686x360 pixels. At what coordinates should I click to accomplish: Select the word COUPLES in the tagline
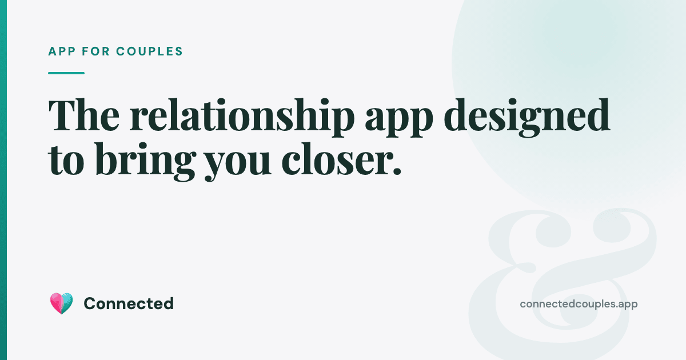click(149, 51)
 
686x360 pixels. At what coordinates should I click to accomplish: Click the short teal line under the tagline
click(66, 73)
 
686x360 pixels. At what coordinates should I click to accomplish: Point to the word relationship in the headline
click(242, 118)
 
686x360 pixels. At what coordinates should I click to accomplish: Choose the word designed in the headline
click(527, 118)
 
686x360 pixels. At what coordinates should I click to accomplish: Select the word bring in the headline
click(145, 162)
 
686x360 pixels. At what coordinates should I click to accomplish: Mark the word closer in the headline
click(333, 159)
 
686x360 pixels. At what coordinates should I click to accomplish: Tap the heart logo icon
click(61, 303)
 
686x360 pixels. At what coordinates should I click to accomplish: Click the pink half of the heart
click(56, 302)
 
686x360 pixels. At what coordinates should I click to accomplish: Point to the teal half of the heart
click(67, 302)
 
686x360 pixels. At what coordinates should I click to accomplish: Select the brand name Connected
click(129, 303)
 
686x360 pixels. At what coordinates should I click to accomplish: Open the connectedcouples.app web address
click(579, 304)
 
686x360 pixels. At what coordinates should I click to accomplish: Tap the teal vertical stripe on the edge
click(3, 180)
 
